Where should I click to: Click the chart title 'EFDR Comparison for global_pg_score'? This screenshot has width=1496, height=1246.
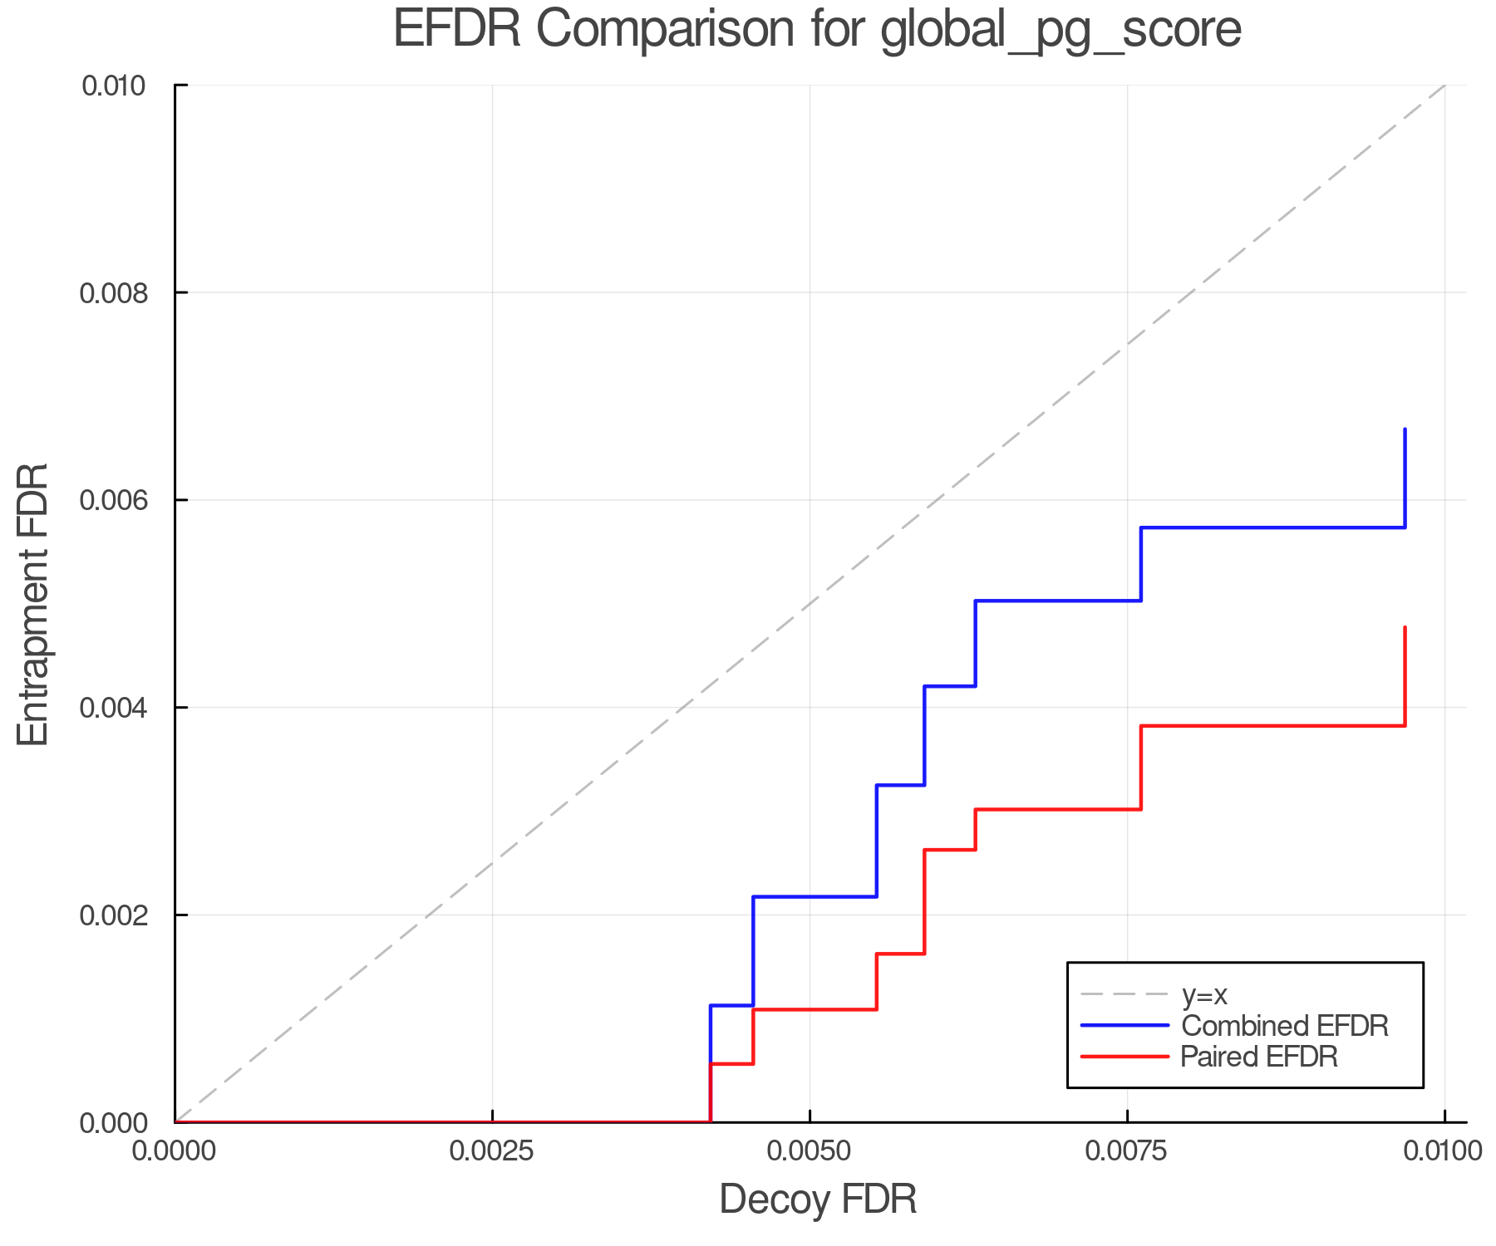[817, 30]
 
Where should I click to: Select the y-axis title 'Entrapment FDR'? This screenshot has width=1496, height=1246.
[33, 604]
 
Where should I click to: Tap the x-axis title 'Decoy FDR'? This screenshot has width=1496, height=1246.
[818, 1199]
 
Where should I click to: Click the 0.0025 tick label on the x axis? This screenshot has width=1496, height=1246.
[492, 1151]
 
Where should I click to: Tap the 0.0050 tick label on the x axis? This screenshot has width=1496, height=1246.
[810, 1151]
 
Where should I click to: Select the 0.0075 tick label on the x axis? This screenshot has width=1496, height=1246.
[1127, 1151]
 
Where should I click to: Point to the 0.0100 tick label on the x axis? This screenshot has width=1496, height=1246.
[1444, 1151]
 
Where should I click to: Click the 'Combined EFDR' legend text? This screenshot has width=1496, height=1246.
[1285, 1026]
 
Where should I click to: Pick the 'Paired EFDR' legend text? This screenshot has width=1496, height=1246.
[1259, 1057]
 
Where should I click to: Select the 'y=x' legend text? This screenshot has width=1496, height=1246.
[1204, 994]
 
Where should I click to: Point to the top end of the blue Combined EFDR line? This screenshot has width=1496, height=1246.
[1405, 429]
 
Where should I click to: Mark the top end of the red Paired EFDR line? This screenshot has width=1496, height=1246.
[1405, 628]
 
